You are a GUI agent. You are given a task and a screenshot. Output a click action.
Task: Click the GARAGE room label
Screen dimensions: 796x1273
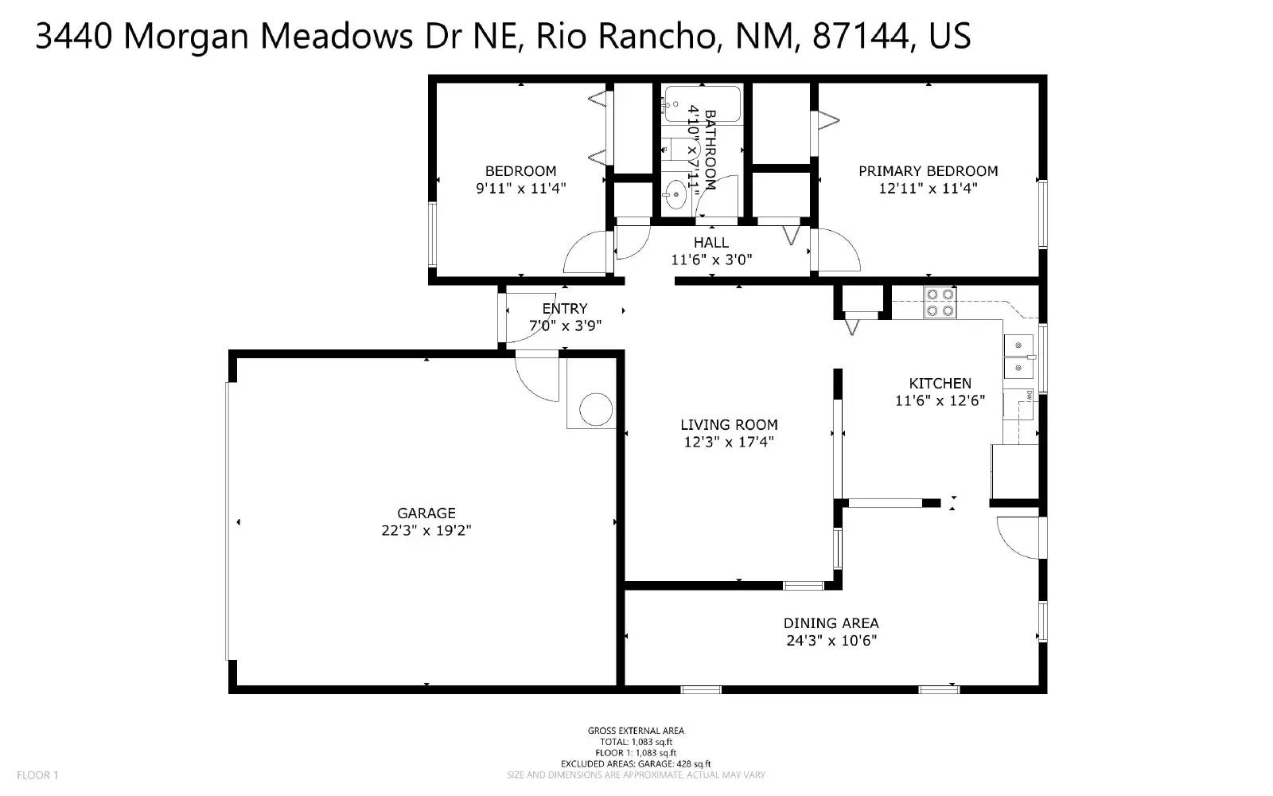(426, 513)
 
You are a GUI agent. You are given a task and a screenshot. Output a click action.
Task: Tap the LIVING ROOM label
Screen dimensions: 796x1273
(729, 425)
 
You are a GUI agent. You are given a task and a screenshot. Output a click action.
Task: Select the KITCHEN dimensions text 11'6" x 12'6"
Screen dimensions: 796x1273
(940, 401)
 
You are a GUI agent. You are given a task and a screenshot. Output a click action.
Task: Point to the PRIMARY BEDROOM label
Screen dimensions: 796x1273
(928, 171)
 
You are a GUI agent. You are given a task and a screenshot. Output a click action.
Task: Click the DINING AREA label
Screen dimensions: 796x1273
(831, 623)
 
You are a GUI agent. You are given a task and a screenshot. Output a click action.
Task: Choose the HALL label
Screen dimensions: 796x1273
(710, 243)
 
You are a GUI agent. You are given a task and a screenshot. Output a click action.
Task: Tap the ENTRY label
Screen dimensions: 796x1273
(565, 309)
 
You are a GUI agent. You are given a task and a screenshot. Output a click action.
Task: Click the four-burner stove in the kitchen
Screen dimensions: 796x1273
(940, 302)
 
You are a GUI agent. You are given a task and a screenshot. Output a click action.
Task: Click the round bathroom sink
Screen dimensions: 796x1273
(676, 193)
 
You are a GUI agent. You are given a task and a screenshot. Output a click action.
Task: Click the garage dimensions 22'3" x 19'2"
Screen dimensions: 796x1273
(426, 531)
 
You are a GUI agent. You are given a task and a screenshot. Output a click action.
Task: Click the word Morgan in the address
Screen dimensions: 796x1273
(187, 37)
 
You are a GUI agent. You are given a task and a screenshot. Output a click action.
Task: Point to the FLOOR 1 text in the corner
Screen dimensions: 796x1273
(37, 775)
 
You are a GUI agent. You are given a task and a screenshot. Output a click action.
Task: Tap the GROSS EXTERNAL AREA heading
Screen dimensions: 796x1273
(636, 731)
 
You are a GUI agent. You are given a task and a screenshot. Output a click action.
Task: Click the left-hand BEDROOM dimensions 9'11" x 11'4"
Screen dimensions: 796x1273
(520, 189)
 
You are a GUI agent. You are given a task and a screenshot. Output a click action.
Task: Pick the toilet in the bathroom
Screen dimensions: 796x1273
(681, 149)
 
